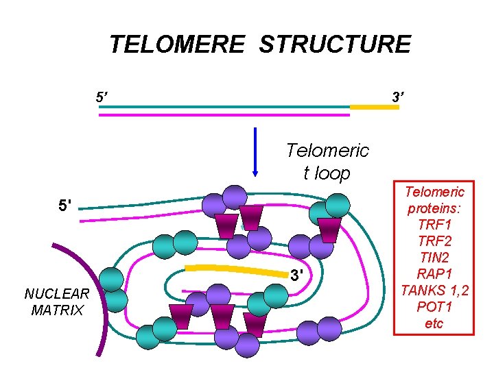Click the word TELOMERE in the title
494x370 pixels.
click(x=176, y=45)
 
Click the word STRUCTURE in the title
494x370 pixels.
click(x=335, y=45)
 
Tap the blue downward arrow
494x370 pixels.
click(x=255, y=151)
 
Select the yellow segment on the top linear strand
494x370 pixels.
click(x=374, y=107)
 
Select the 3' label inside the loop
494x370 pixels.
click(x=296, y=276)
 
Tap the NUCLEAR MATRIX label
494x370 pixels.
click(x=57, y=302)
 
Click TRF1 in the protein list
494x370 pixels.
click(x=434, y=225)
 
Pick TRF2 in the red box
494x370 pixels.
click(x=434, y=241)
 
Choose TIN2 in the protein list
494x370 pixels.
click(x=434, y=258)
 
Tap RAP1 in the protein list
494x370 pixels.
click(x=434, y=274)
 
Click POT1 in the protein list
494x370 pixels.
click(x=434, y=307)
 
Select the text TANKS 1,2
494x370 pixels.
click(x=434, y=291)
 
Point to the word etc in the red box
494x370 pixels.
click(x=434, y=323)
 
